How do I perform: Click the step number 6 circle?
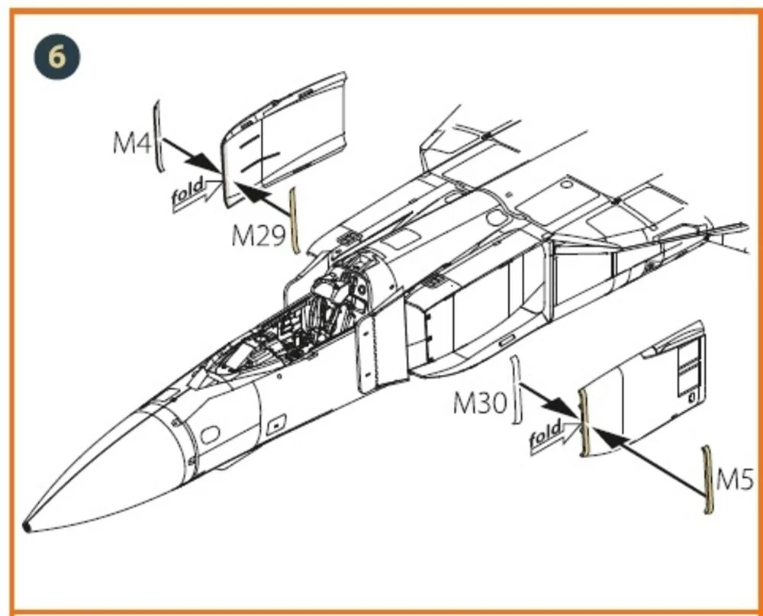coord(57,56)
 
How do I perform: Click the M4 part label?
coord(131,143)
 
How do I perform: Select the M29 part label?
coord(258,236)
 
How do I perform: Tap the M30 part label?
coord(480,403)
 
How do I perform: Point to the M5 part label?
coord(736,479)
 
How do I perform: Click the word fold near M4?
coord(188,191)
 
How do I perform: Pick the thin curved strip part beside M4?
coord(157,136)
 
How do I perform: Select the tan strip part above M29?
coord(294,220)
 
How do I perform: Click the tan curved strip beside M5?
coord(708,479)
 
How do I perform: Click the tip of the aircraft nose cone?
coord(25,527)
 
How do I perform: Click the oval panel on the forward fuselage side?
coord(210,434)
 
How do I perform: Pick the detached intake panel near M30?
coord(642,389)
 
